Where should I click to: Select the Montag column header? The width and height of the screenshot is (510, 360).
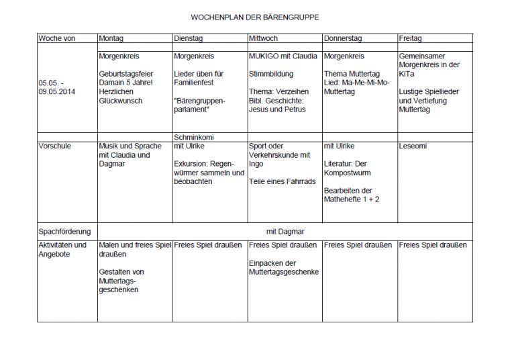111,38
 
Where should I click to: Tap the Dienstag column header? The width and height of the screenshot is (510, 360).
188,38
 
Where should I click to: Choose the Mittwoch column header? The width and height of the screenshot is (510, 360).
263,38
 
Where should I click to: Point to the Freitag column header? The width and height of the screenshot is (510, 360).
410,38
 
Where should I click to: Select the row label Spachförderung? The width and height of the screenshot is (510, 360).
64,232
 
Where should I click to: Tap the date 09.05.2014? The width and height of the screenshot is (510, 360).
58,91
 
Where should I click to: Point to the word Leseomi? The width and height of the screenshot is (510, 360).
413,145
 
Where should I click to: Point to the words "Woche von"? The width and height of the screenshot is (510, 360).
56,38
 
